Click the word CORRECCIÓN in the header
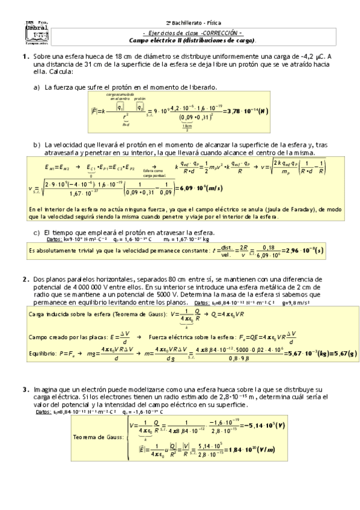click(221, 32)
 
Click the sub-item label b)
click(37, 145)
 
